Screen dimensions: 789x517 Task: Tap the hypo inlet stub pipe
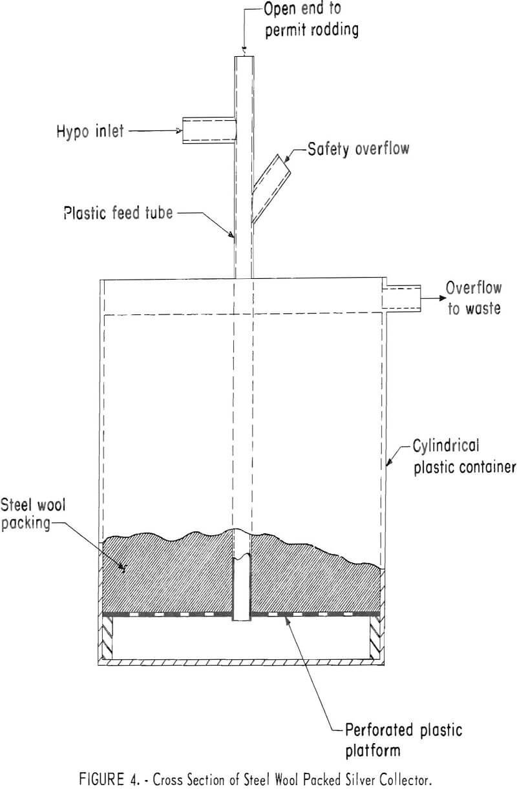[x=207, y=129]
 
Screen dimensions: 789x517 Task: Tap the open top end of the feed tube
[x=242, y=57]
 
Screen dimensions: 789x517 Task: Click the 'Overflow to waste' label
[x=474, y=298]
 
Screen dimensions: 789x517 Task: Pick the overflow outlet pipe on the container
[x=401, y=298]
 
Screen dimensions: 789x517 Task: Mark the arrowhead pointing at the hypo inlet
[x=179, y=131]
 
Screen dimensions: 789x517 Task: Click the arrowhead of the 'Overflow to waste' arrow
[x=441, y=298]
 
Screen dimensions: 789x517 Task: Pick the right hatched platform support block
[x=376, y=636]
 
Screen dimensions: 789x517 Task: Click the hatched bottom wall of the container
[x=242, y=662]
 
